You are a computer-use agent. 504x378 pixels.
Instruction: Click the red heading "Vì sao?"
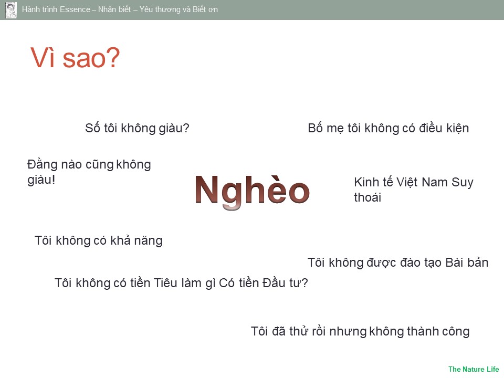pyautogui.click(x=75, y=58)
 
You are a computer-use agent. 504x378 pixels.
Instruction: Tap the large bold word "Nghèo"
pyautogui.click(x=253, y=191)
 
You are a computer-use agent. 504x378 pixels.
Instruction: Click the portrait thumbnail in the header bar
pyautogui.click(x=11, y=9)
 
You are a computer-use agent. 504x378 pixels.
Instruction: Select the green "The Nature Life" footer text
pyautogui.click(x=474, y=369)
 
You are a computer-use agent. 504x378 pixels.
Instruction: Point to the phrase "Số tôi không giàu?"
pyautogui.click(x=137, y=128)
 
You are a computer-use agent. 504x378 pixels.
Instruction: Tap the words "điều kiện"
pyautogui.click(x=444, y=128)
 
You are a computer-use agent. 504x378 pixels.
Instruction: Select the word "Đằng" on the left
pyautogui.click(x=43, y=164)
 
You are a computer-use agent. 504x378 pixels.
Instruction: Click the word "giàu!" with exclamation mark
pyautogui.click(x=41, y=180)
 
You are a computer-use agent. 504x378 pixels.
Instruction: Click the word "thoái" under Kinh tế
pyautogui.click(x=367, y=197)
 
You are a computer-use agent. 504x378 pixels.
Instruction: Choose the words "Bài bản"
pyautogui.click(x=467, y=262)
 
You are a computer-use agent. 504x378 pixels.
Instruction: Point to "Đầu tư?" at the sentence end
pyautogui.click(x=285, y=283)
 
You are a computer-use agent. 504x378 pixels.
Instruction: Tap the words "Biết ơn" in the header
pyautogui.click(x=205, y=9)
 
